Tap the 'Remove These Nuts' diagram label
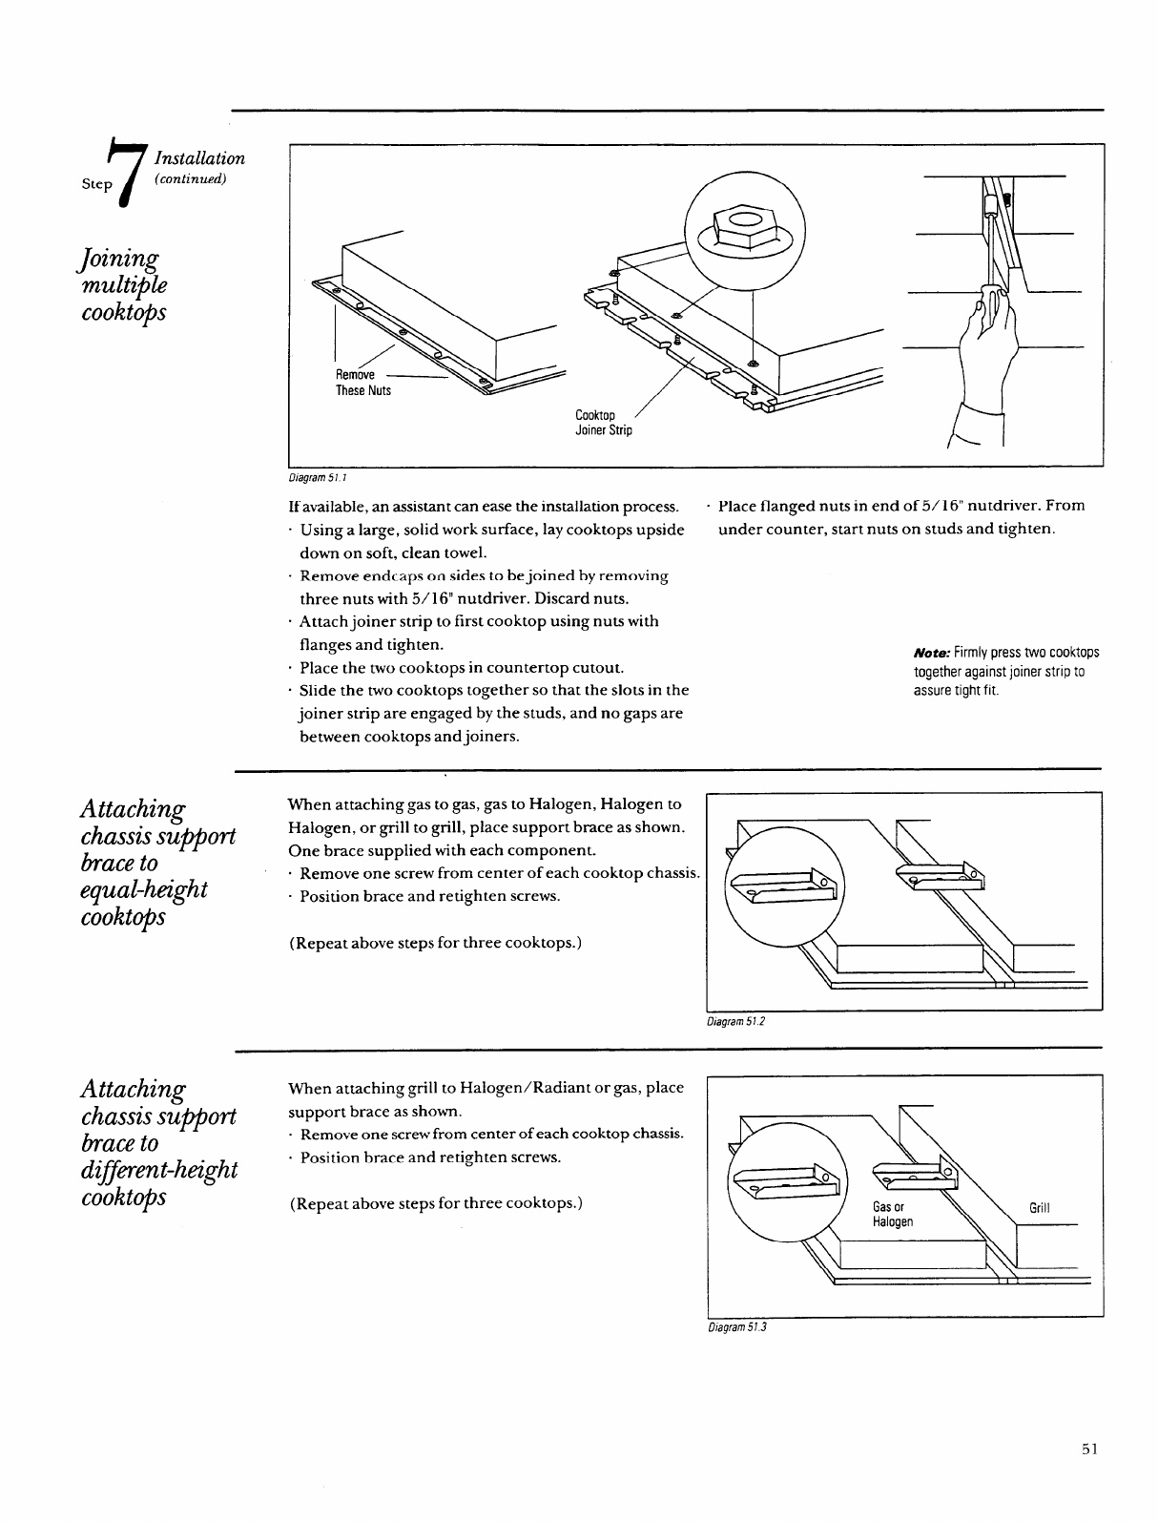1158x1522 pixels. point(362,383)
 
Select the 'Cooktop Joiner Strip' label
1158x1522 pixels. point(603,423)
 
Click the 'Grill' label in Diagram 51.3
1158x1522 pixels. point(1039,1208)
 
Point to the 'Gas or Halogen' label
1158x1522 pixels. point(893,1215)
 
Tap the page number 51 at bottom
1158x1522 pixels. point(1090,1475)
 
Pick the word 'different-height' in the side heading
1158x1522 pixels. point(159,1169)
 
